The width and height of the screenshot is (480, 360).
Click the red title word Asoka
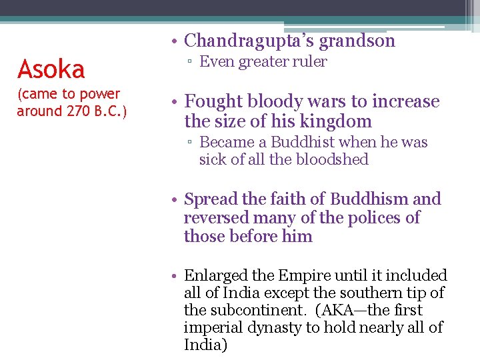[51, 69]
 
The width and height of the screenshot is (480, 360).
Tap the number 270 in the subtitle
[79, 111]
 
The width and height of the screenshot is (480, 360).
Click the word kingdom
[337, 122]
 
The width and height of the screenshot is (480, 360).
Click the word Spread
[211, 199]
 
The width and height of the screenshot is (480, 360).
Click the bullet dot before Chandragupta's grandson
[173, 42]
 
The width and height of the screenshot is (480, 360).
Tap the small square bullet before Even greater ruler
[190, 63]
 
